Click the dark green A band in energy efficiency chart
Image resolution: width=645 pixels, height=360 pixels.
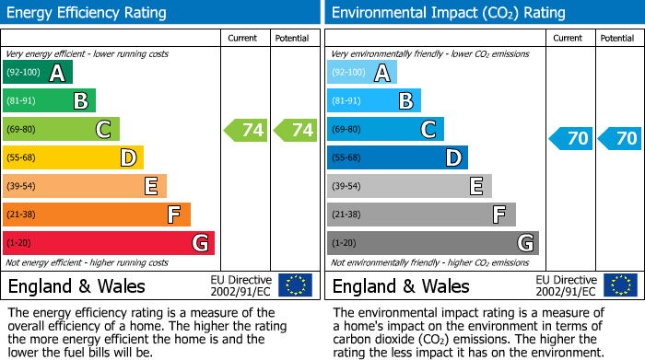tap(37, 73)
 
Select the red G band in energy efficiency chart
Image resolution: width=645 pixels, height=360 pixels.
tap(108, 243)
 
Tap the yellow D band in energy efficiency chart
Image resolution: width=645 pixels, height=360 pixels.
tap(73, 158)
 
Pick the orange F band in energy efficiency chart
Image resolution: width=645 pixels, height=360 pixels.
tap(96, 215)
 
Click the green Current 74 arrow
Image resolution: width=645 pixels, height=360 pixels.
tap(246, 130)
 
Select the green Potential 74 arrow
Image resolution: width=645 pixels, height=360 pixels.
tap(296, 130)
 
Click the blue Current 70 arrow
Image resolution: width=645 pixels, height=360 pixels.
tap(570, 139)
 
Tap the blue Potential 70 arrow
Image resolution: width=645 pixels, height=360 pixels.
tap(620, 139)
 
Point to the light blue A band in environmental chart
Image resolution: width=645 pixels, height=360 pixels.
tap(361, 73)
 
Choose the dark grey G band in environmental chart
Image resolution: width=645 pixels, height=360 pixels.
tap(432, 243)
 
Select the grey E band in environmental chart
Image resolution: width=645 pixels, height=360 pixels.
tap(409, 187)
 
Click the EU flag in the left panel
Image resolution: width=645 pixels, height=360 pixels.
tap(295, 285)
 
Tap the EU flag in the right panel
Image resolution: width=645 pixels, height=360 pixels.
tap(619, 285)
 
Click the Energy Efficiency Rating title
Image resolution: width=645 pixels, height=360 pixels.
tap(88, 13)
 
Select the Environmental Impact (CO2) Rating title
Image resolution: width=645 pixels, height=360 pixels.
tap(448, 13)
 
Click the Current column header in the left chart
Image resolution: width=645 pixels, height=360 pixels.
tap(244, 38)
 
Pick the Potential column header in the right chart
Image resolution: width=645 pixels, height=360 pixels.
tap(617, 38)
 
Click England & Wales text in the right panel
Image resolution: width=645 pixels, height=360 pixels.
tap(401, 286)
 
